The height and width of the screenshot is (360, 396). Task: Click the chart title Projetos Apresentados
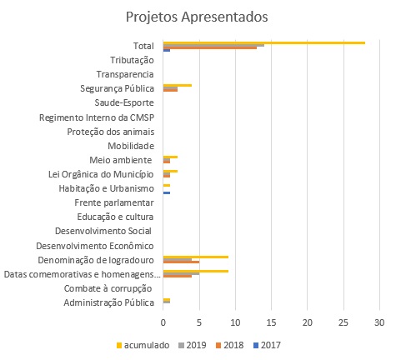pyautogui.click(x=197, y=17)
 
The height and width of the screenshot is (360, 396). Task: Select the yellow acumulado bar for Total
pyautogui.click(x=264, y=42)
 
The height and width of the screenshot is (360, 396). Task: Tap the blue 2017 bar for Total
pyautogui.click(x=167, y=50)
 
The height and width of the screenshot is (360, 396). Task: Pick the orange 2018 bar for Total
pyautogui.click(x=210, y=47)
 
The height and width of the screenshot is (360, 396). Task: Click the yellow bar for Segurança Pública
pyautogui.click(x=178, y=85)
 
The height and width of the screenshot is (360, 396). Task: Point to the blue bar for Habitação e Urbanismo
pyautogui.click(x=167, y=192)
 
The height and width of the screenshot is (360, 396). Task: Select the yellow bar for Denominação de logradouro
pyautogui.click(x=196, y=257)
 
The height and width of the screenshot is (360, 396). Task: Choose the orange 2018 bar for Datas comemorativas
pyautogui.click(x=178, y=276)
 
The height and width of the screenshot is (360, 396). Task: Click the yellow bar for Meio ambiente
pyautogui.click(x=170, y=157)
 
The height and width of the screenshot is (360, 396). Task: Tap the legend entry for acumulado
pyautogui.click(x=143, y=345)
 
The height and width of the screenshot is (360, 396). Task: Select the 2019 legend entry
pyautogui.click(x=193, y=345)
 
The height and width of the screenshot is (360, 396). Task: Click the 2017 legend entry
pyautogui.click(x=267, y=345)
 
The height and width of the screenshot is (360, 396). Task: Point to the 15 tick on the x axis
pyautogui.click(x=271, y=322)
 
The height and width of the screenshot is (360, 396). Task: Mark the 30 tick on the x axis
pyautogui.click(x=379, y=322)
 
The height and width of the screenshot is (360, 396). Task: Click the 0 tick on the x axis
pyautogui.click(x=163, y=322)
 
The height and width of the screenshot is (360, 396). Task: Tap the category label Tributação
pyautogui.click(x=132, y=60)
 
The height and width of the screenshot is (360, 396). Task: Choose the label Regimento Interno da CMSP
pyautogui.click(x=97, y=117)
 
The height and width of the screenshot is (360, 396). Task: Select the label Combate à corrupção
pyautogui.click(x=108, y=288)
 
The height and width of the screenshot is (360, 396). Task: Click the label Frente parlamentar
pyautogui.click(x=114, y=202)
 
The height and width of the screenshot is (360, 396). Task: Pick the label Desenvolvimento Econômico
pyautogui.click(x=95, y=246)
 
